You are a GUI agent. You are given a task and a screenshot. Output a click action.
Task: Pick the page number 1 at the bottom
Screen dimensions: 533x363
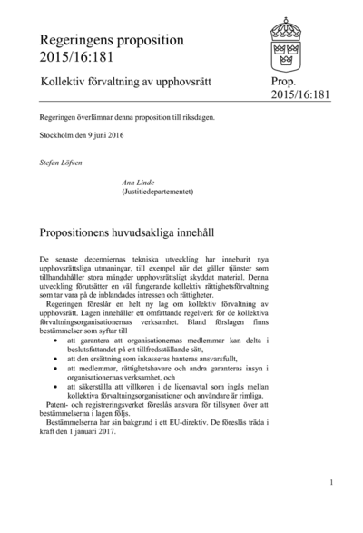coord(332,483)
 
